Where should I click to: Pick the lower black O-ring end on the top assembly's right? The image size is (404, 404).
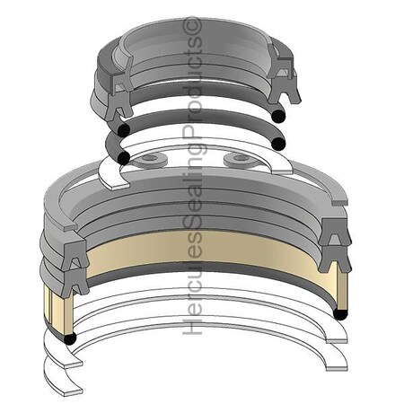pos(279,144)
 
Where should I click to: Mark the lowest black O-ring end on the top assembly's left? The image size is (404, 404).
pos(123,158)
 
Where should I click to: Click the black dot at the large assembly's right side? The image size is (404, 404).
pos(341,312)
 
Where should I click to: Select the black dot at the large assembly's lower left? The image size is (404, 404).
pos(68,339)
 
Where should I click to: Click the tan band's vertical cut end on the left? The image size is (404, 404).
pos(53,310)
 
